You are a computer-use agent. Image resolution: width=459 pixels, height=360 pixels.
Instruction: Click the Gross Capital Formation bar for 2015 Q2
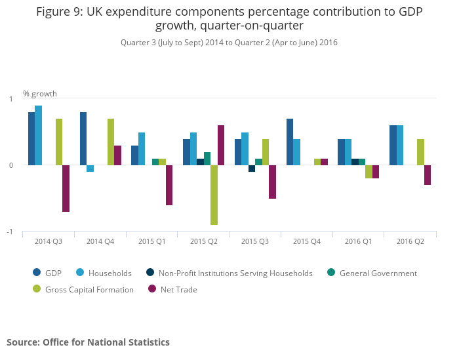214,195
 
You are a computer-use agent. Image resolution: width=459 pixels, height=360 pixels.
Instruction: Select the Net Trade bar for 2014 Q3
66,188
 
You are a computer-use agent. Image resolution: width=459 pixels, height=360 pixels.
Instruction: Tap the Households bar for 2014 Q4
90,169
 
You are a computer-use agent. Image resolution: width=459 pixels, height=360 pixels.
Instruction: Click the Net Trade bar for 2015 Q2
221,145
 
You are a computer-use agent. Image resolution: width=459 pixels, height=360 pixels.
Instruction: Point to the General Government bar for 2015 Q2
207,158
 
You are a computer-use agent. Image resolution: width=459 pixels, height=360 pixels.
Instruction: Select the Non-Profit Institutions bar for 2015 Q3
252,169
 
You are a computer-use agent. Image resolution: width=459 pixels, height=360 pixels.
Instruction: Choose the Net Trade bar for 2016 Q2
428,175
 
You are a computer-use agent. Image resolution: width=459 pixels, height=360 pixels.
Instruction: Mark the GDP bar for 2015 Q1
134,155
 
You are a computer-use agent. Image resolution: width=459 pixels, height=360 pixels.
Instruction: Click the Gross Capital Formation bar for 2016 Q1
369,172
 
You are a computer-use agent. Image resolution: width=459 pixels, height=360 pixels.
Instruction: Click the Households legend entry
110,273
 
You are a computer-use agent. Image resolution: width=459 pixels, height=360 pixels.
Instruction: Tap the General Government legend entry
378,273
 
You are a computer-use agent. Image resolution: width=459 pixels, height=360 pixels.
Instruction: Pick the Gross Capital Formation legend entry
89,289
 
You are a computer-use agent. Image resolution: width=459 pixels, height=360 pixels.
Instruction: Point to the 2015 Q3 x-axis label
254,241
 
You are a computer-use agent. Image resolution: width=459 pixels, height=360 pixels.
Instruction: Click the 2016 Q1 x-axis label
358,241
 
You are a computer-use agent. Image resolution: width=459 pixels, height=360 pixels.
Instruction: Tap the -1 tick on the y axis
11,231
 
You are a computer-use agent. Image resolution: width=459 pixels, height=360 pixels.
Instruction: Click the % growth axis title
40,93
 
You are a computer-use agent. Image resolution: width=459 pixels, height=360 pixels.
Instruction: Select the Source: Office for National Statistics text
88,342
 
